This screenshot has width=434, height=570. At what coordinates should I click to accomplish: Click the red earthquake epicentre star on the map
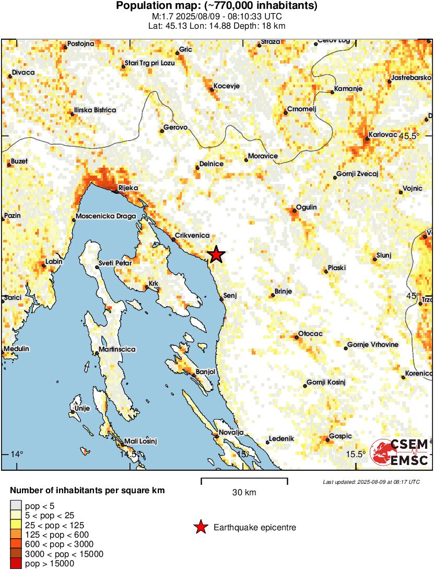[216, 254]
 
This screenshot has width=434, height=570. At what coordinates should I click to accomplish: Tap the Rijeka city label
[128, 188]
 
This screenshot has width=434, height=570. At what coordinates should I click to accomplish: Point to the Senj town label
[230, 296]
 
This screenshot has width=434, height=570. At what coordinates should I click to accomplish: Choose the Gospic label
[340, 436]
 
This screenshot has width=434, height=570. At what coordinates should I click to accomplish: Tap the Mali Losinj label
[140, 441]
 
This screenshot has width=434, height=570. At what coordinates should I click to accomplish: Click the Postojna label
[81, 43]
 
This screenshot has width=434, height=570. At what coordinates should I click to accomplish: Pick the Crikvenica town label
[193, 236]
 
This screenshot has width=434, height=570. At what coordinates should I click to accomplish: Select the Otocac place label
[310, 333]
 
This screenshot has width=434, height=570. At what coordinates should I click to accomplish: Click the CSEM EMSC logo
[400, 452]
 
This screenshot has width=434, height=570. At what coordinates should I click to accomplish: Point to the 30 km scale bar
[244, 479]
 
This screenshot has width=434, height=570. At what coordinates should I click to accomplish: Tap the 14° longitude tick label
[17, 453]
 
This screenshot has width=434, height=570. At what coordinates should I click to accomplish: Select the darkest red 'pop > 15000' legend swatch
[16, 563]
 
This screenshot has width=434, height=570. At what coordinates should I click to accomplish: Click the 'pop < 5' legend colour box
[16, 505]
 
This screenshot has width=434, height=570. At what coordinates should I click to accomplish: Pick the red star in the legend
[200, 528]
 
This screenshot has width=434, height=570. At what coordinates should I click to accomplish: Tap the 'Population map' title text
[217, 6]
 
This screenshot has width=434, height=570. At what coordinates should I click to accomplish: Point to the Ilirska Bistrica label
[95, 110]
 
